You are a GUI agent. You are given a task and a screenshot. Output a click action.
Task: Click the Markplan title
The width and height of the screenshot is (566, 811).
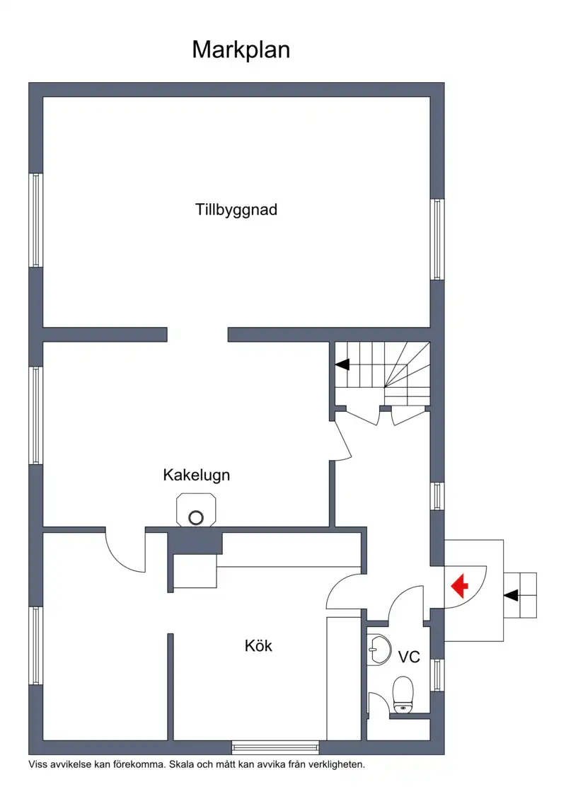coord(241,50)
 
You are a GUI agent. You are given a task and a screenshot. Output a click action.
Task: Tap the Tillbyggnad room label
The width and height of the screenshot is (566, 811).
coord(236,209)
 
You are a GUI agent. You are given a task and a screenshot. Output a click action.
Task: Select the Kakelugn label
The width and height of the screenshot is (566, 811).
coord(197,475)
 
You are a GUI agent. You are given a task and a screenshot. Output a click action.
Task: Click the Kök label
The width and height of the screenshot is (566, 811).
coord(258,645)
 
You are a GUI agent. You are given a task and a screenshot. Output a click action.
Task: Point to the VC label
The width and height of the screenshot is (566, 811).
coord(409,657)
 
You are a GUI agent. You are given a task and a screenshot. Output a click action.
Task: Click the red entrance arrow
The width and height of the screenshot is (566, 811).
coord(459,586)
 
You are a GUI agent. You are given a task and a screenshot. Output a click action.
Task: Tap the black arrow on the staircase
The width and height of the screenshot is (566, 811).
coord(342,364)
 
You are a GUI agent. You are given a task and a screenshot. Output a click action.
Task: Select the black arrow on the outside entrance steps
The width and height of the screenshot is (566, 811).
coord(511,595)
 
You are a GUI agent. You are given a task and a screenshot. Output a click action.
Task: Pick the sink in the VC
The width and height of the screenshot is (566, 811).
coord(379,650)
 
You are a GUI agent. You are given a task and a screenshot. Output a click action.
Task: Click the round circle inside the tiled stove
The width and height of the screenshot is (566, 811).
coord(196,517)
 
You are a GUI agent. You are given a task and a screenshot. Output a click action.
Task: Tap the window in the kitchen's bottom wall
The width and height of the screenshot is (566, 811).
coord(275,747)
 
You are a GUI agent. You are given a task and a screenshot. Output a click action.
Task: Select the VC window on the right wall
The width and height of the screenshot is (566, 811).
coord(437,675)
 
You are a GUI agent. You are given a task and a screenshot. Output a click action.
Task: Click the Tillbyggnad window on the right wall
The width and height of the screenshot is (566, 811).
coord(437,239)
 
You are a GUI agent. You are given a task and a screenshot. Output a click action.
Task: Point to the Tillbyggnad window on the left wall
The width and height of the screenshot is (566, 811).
coord(35,220)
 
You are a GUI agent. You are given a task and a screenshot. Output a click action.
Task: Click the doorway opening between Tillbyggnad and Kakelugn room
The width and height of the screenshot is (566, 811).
coord(197,335)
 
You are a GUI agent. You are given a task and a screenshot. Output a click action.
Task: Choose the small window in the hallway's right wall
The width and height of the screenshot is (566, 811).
coord(437,497)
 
